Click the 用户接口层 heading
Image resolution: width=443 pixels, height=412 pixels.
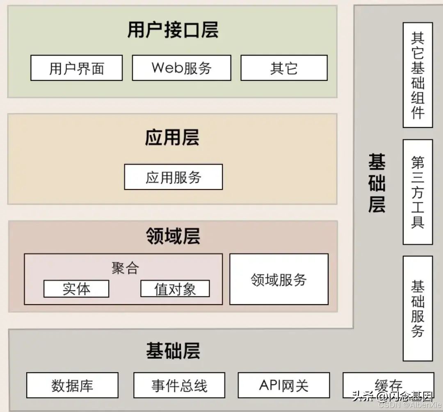pos(172,30)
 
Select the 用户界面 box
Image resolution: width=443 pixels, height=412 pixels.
pos(77,68)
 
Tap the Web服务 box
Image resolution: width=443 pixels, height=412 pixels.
pos(181,68)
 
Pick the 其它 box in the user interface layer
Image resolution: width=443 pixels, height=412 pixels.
pos(284,68)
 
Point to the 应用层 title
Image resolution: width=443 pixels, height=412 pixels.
pos(172,137)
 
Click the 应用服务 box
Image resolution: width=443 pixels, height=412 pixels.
pos(174,177)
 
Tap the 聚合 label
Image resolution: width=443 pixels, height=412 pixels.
pos(125,268)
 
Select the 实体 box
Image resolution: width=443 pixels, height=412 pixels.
pos(76,289)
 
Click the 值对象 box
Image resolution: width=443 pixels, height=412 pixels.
pos(175,289)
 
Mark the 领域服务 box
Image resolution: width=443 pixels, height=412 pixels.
pos(279,280)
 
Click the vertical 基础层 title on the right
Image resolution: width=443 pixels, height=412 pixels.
pos(377,183)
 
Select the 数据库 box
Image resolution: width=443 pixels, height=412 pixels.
pos(73,385)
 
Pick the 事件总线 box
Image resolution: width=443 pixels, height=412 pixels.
pos(179,385)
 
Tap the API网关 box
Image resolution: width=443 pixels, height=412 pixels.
pos(284,385)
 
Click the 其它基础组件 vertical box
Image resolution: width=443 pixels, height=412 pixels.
pos(418,75)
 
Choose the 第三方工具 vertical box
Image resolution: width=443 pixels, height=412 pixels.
pos(418,192)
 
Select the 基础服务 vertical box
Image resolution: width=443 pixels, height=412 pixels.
pos(418,308)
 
